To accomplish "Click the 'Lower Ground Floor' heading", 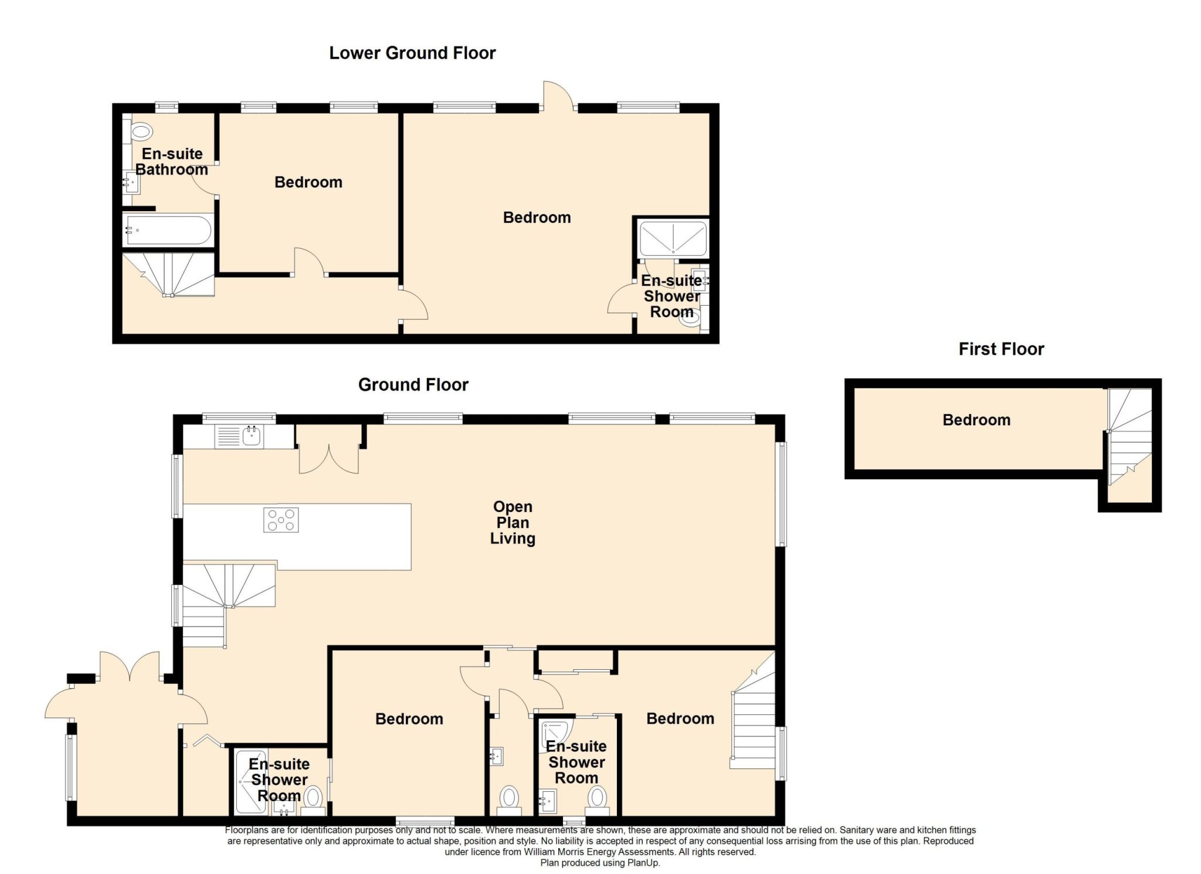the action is (x=412, y=53).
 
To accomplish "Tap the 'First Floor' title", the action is (x=1001, y=349).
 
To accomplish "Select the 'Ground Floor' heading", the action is (x=413, y=385).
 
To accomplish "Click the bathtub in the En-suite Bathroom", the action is (x=167, y=231).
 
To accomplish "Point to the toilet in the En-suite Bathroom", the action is (x=141, y=131).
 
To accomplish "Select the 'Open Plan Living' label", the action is (x=513, y=523).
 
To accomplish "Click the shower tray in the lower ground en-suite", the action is (x=673, y=239).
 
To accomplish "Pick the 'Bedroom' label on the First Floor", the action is (x=976, y=420).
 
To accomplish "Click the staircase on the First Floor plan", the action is (x=1129, y=437).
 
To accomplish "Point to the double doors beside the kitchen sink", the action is (x=329, y=459).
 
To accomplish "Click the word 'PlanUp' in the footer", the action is (x=643, y=863).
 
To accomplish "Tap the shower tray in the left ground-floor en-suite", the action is (x=251, y=781).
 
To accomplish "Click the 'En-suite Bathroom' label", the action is (x=172, y=162).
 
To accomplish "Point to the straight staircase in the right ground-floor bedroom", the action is (x=753, y=721).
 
